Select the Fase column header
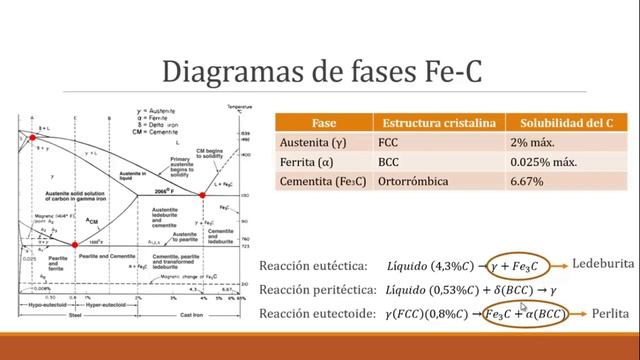[x=323, y=122]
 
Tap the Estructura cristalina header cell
[x=437, y=122]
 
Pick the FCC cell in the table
[x=389, y=142]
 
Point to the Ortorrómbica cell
[x=414, y=183]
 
